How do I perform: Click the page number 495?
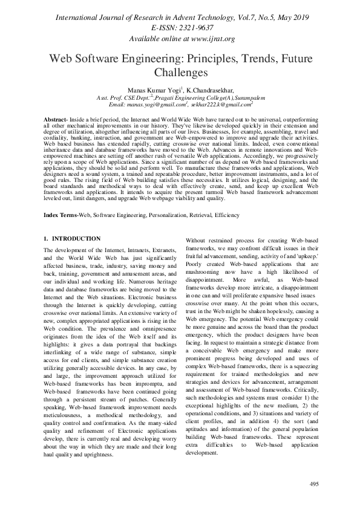tap(314, 484)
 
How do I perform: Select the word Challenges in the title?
tap(180, 73)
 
